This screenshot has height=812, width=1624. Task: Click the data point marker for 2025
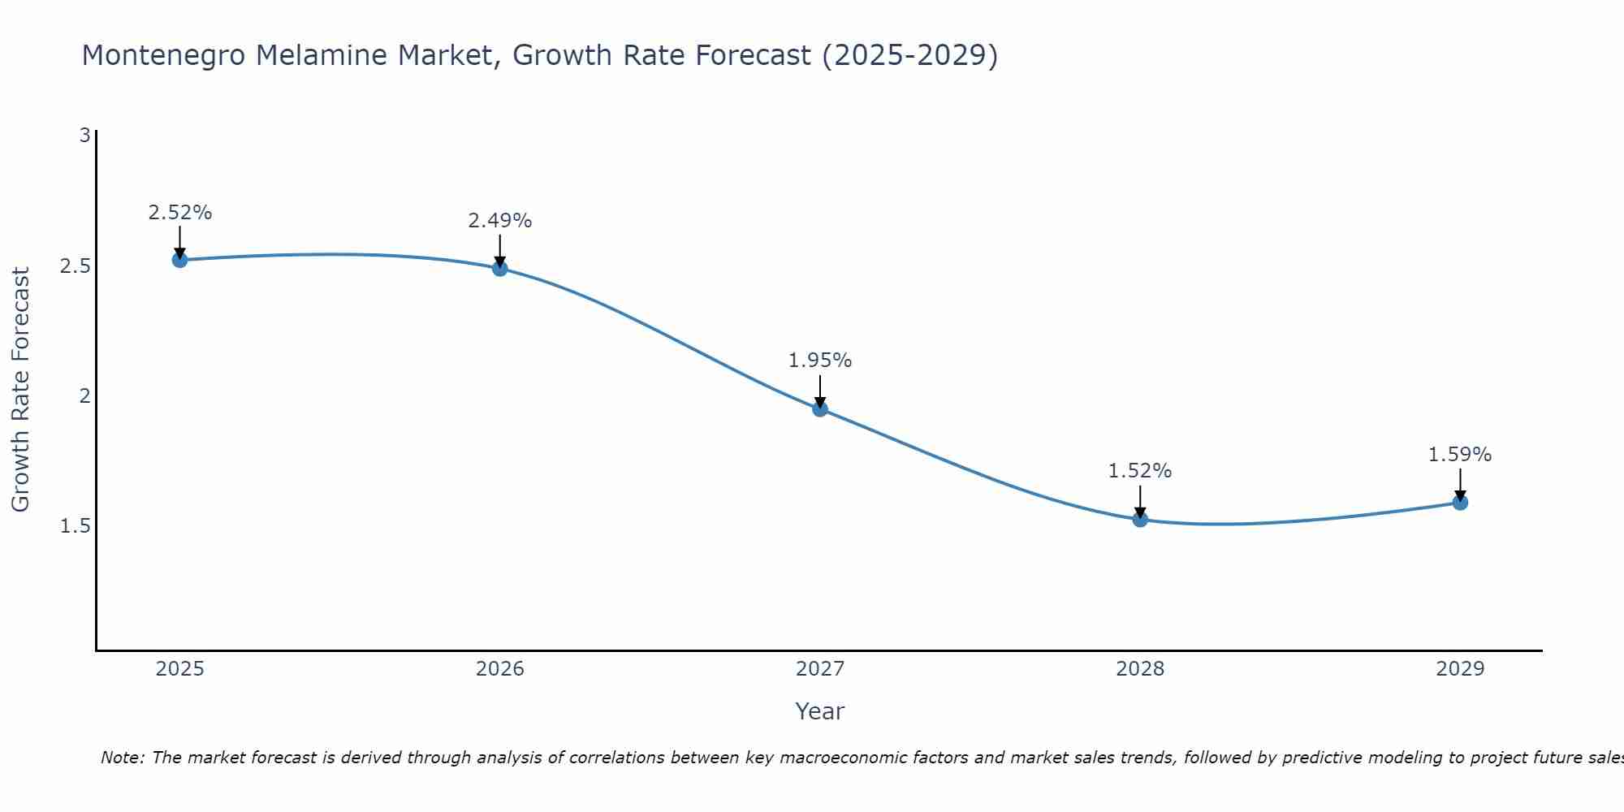[x=179, y=260]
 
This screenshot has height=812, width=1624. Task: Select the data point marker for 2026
[x=500, y=268]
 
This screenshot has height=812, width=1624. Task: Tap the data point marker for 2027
[x=820, y=408]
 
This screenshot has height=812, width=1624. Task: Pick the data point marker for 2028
[x=1140, y=520]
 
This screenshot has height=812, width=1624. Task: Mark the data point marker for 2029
[x=1460, y=502]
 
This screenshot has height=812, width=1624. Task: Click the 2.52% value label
[x=179, y=213]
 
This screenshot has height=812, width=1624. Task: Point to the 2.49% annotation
[x=500, y=221]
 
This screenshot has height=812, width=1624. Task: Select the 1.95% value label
[x=820, y=361]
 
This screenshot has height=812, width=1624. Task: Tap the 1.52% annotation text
[x=1140, y=471]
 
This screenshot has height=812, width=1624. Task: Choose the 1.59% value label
[x=1460, y=455]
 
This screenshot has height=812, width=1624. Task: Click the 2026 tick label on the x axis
[x=500, y=669]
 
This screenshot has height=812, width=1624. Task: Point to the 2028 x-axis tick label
[x=1140, y=669]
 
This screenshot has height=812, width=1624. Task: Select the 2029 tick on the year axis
[x=1460, y=669]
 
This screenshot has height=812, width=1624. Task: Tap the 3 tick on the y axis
[x=84, y=136]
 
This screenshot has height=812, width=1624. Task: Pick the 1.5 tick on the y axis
[x=75, y=526]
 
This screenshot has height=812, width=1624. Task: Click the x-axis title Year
[x=820, y=711]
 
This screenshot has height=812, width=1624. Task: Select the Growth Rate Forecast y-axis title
[x=20, y=390]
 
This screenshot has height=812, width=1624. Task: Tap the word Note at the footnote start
[x=122, y=758]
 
